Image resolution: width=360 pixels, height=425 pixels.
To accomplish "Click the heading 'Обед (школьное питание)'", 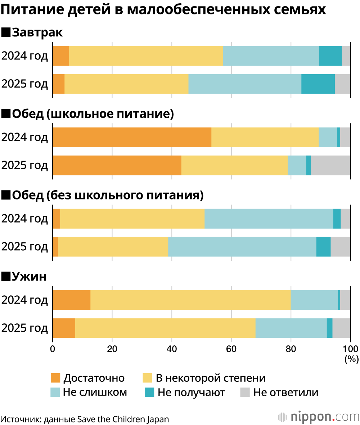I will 88,114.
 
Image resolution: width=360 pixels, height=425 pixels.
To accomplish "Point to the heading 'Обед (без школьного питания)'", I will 103,195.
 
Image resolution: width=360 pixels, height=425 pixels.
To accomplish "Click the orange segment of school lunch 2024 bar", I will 132,137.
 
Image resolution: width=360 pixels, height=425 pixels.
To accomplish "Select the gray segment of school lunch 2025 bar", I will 330,165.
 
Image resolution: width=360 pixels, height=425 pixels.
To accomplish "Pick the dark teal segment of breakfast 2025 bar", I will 318,84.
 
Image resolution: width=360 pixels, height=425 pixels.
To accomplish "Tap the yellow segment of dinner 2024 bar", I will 190,300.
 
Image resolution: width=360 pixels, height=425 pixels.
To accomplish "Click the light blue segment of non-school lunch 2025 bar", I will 242,247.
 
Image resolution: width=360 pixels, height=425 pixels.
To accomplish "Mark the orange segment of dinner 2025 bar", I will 64,328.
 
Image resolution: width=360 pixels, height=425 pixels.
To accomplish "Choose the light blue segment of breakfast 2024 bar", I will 271,56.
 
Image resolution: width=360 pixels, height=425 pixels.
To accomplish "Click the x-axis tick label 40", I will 171,349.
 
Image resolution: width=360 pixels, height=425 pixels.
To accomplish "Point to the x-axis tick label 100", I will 350,349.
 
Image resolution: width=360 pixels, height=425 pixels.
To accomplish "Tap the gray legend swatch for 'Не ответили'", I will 245,392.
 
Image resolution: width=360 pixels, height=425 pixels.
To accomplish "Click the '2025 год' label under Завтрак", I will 24,84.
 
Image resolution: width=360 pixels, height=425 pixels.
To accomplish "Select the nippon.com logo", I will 318,417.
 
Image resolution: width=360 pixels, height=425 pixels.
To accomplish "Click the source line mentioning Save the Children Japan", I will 85,419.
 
